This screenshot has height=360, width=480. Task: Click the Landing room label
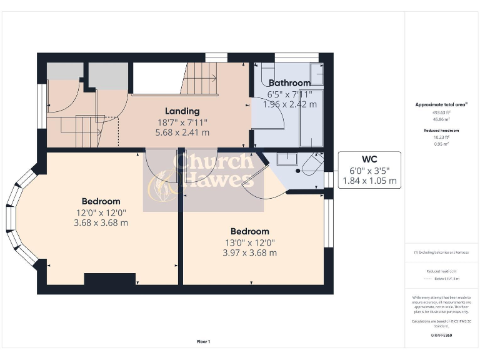pyautogui.click(x=182, y=111)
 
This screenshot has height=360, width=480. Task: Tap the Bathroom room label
pyautogui.click(x=289, y=83)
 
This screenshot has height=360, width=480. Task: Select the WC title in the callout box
pyautogui.click(x=369, y=159)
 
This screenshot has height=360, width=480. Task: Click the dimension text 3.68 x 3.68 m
pyautogui.click(x=101, y=222)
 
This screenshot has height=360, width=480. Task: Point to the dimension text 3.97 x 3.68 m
pyautogui.click(x=249, y=252)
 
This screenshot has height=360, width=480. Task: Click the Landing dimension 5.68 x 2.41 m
pyautogui.click(x=182, y=132)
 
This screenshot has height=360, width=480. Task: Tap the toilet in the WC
pyautogui.click(x=309, y=166)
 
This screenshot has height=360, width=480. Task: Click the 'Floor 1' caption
pyautogui.click(x=203, y=342)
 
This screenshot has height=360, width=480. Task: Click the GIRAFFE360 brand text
pyautogui.click(x=441, y=336)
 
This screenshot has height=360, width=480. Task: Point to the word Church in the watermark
pyautogui.click(x=212, y=161)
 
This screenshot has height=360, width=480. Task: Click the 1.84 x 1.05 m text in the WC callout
pyautogui.click(x=369, y=181)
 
